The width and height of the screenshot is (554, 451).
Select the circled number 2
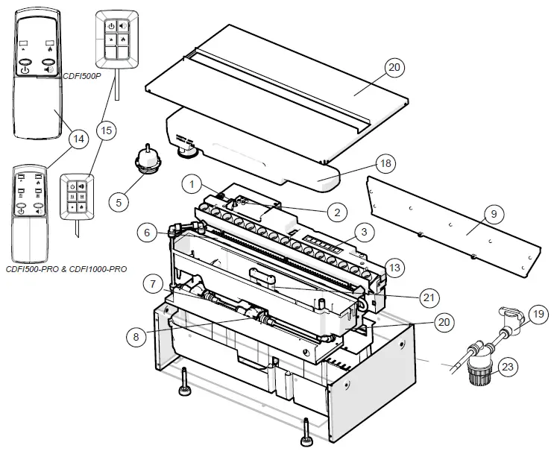click(x=337, y=212)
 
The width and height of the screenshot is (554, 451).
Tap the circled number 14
click(x=76, y=139)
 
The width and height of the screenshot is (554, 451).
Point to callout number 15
click(x=107, y=131)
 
